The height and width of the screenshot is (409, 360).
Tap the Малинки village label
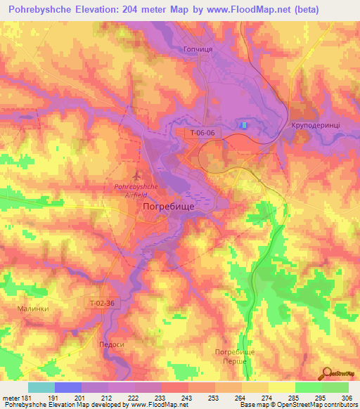click(x=32, y=308)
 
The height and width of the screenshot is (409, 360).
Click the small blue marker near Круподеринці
click(x=244, y=124)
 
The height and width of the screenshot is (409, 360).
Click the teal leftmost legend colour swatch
click(x=41, y=387)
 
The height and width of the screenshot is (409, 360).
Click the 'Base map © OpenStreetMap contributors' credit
click(x=297, y=405)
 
